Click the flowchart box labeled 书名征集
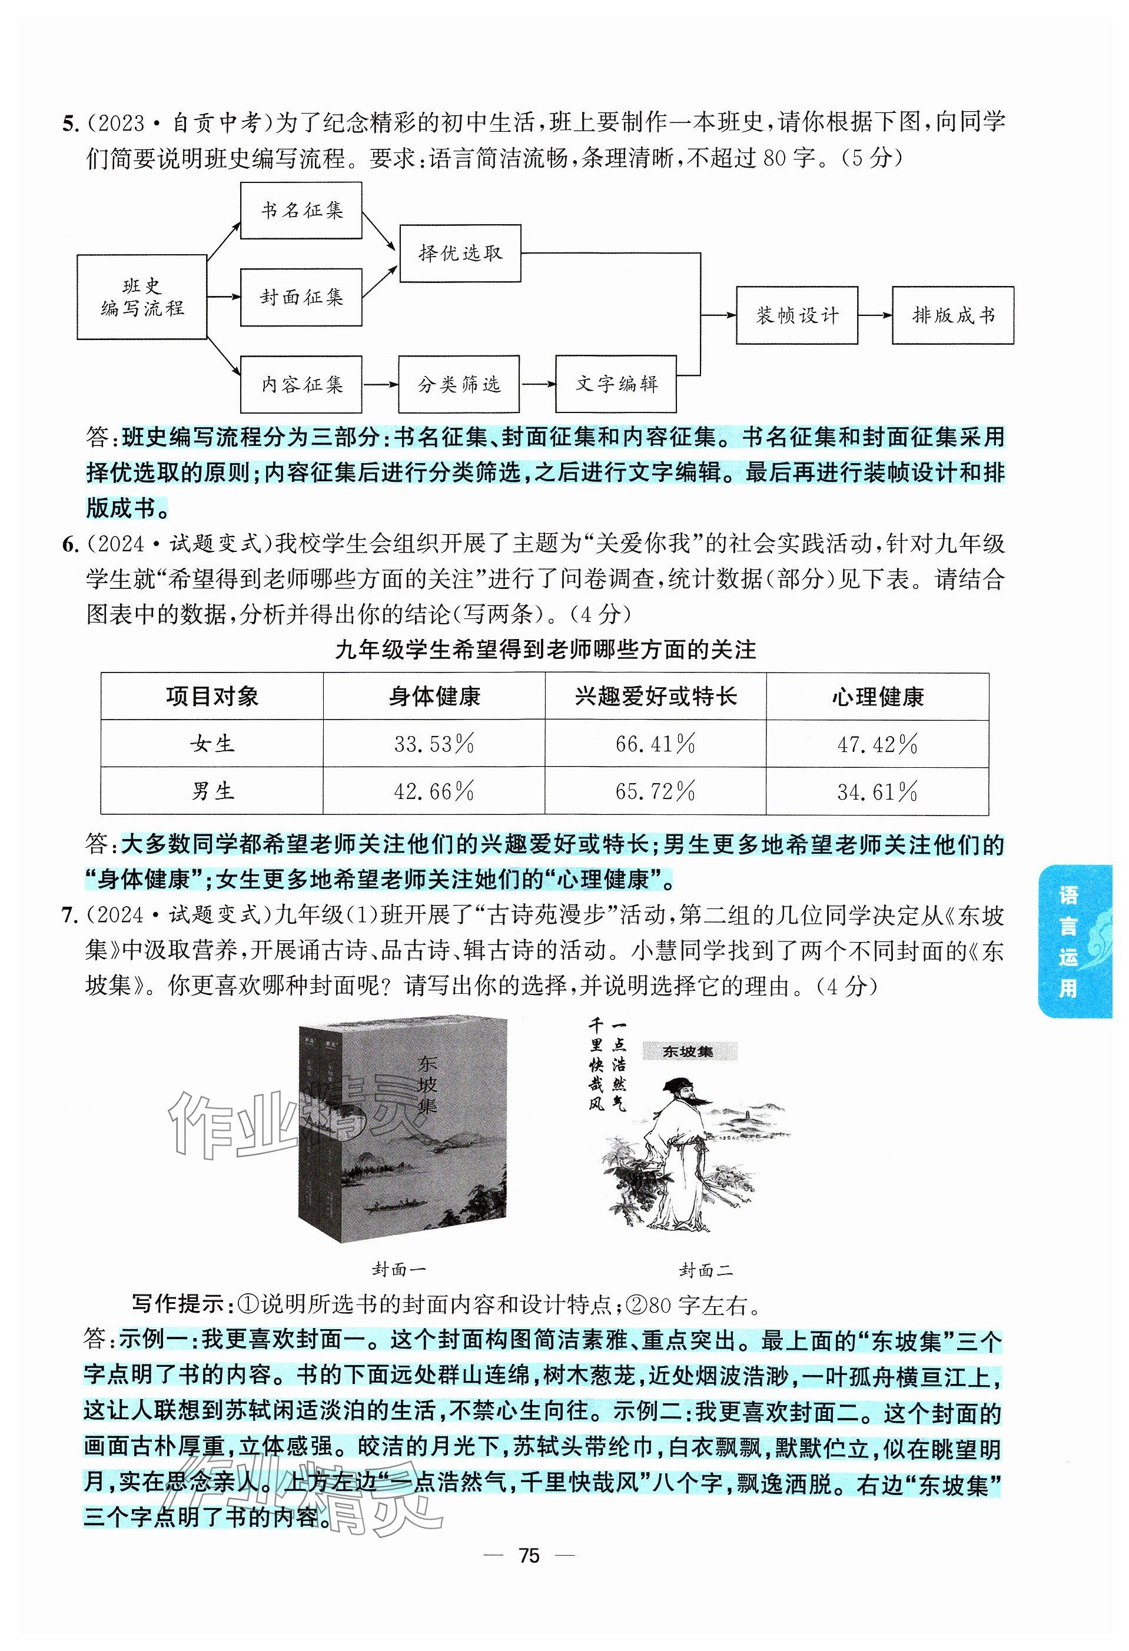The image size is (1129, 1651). coord(301,210)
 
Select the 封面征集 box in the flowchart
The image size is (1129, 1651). coord(301,297)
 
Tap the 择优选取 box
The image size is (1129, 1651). coord(460,254)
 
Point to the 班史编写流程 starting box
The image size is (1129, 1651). coord(142,297)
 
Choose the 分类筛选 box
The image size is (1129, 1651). coord(459,384)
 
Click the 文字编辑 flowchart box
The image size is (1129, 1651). coord(616,384)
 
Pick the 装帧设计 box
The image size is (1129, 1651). coord(796,315)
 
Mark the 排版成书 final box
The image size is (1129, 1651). coord(953,315)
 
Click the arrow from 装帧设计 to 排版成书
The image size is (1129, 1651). coord(875,315)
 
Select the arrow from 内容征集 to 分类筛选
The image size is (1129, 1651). coord(380,384)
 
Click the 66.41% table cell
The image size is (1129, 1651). coord(655,744)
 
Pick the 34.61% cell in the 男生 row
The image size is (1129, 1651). coord(878,791)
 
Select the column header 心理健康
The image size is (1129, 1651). coord(878,697)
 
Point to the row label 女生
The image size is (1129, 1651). coord(212,744)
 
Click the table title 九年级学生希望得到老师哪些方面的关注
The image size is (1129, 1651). coord(545,650)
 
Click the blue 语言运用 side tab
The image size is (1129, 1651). coord(1074,941)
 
